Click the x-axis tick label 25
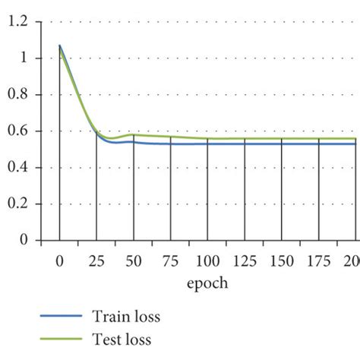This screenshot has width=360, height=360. (x=96, y=262)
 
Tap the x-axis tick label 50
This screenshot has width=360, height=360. (x=134, y=262)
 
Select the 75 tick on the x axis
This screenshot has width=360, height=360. (x=171, y=262)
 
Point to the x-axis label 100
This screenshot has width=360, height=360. (x=207, y=262)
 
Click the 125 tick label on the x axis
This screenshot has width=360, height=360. (x=245, y=262)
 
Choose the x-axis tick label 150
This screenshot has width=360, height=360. (x=282, y=262)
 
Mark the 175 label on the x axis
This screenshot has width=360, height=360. (x=319, y=262)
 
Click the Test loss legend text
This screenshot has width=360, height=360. (x=122, y=339)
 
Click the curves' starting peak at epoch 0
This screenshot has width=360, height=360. (x=59, y=46)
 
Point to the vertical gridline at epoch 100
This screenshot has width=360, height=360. (x=207, y=190)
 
